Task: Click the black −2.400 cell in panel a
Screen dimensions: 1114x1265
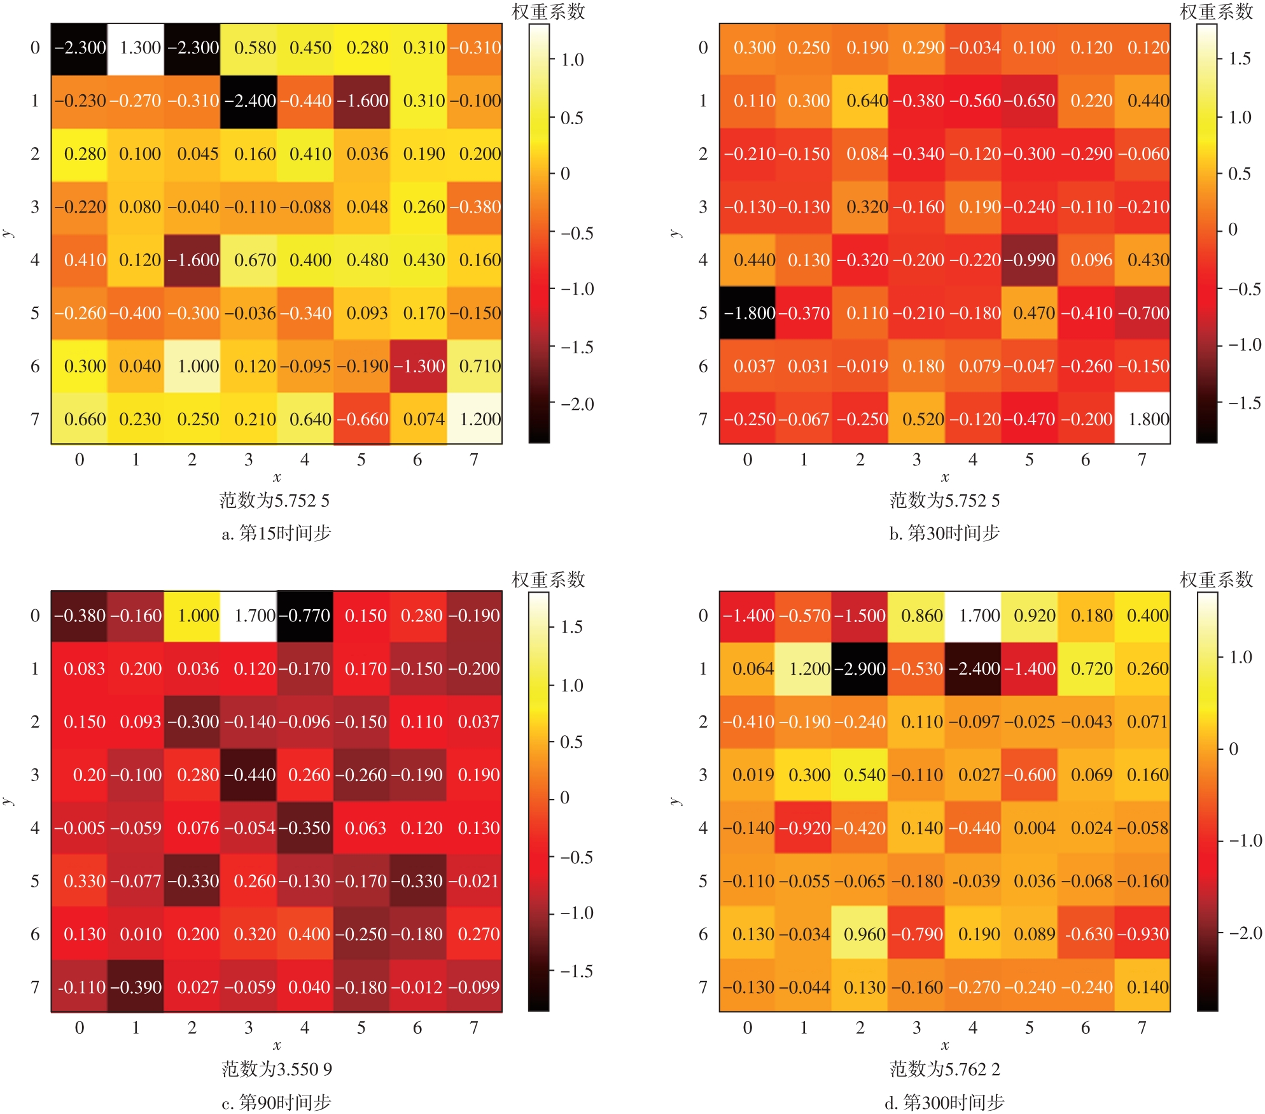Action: [x=249, y=101]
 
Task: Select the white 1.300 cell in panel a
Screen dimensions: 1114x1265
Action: [x=136, y=48]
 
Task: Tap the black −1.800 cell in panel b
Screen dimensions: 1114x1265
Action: [x=748, y=313]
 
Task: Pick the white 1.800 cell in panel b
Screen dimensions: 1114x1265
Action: [x=1142, y=419]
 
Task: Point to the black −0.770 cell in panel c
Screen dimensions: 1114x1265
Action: [x=305, y=616]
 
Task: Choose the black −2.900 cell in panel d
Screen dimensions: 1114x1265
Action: [x=860, y=669]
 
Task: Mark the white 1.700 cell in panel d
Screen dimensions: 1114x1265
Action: [x=973, y=616]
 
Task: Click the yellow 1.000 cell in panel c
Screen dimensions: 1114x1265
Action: [x=192, y=616]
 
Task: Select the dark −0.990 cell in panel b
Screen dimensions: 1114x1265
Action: [x=1030, y=260]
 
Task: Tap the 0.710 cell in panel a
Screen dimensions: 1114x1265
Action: [x=474, y=366]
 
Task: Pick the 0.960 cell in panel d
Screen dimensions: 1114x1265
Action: [x=860, y=934]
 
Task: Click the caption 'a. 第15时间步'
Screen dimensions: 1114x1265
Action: [x=276, y=533]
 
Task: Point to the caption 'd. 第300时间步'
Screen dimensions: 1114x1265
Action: [x=944, y=1102]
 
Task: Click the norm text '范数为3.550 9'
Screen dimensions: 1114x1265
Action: [x=276, y=1069]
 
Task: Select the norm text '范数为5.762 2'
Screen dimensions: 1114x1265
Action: [x=944, y=1069]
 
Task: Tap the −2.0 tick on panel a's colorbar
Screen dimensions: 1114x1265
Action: [x=577, y=404]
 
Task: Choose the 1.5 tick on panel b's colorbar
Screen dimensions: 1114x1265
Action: [x=1240, y=59]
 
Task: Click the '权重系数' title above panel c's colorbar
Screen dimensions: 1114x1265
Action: [x=548, y=580]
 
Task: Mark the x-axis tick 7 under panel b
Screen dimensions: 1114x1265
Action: [x=1142, y=460]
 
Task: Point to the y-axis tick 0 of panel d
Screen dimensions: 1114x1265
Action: [x=702, y=616]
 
